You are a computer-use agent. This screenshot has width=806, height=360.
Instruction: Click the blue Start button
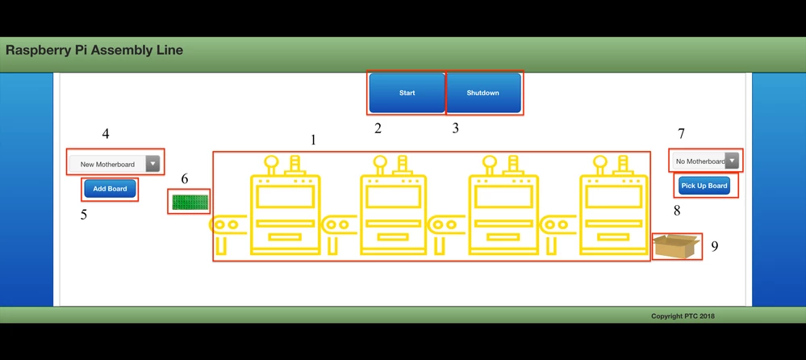(x=407, y=93)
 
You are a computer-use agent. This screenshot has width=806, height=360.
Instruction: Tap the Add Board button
(x=110, y=189)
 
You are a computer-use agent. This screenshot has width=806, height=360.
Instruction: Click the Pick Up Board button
(x=704, y=186)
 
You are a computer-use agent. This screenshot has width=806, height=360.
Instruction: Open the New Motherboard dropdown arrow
(x=152, y=164)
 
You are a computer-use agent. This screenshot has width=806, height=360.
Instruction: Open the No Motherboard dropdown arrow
(x=732, y=161)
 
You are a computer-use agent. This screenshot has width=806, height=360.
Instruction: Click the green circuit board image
(x=190, y=201)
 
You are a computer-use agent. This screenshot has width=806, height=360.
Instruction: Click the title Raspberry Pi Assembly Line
(x=94, y=50)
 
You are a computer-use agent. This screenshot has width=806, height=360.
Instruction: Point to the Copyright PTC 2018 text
(x=683, y=316)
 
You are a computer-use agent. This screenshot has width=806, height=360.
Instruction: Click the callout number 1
(x=313, y=140)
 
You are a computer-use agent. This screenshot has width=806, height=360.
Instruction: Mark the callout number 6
(x=184, y=178)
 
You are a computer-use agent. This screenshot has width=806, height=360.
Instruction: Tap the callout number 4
(x=105, y=133)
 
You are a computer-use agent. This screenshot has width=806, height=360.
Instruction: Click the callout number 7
(x=681, y=133)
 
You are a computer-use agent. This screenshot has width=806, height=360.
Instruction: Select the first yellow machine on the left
(x=284, y=206)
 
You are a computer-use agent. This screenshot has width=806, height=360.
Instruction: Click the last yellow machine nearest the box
(x=615, y=206)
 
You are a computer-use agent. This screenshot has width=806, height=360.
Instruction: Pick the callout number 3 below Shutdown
(x=455, y=128)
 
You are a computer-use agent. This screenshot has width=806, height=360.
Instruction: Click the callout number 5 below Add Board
(x=84, y=215)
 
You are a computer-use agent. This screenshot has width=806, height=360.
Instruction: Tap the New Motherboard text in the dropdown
(x=107, y=164)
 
